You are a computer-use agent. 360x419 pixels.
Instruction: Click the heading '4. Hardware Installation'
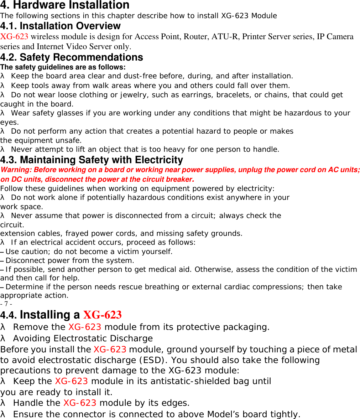point(64,5)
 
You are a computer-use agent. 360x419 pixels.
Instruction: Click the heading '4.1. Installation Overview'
point(61,26)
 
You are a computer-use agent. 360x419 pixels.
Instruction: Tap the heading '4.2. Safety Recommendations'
point(72,57)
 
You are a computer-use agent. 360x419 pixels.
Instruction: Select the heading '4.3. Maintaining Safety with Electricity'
point(92,160)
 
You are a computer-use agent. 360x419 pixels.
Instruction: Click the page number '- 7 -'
point(6,304)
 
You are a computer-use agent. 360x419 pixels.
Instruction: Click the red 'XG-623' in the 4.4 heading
point(102,315)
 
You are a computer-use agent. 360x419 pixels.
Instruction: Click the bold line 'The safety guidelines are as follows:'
point(63,67)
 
